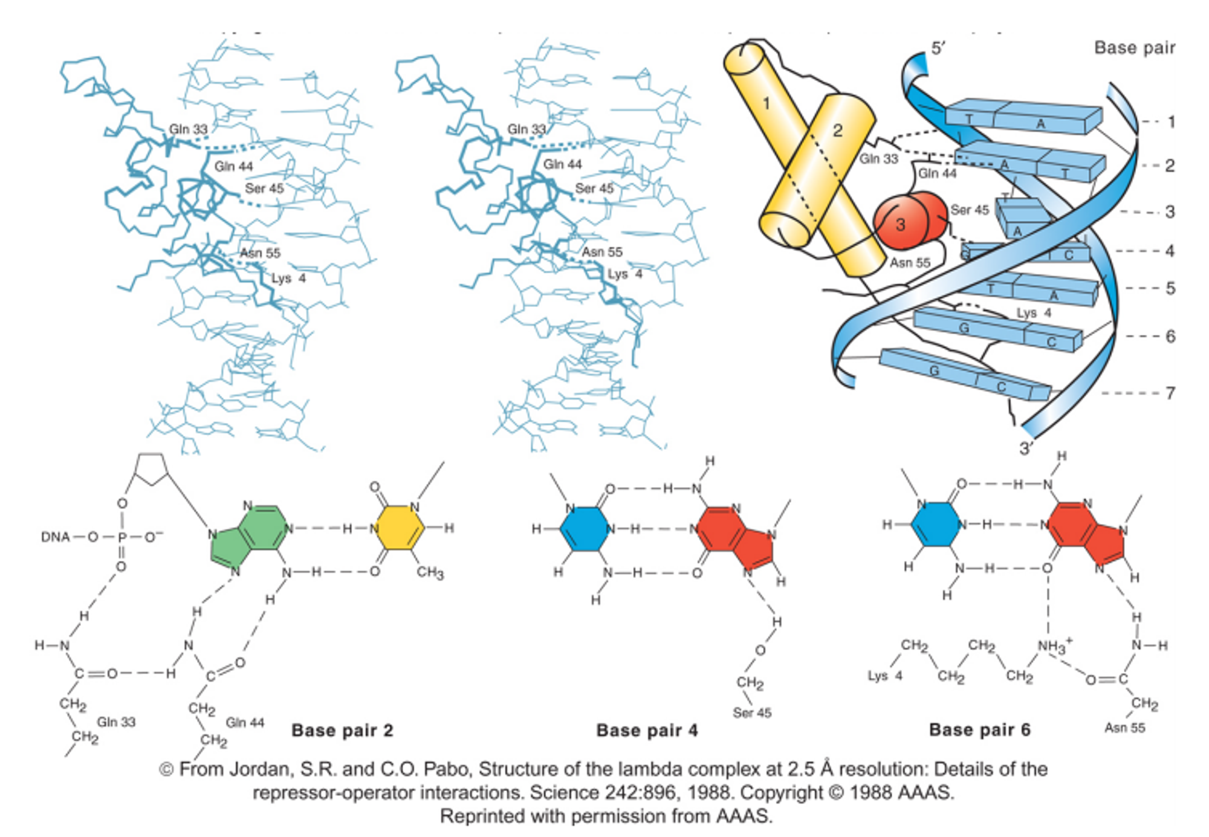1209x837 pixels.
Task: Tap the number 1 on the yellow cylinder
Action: coord(766,103)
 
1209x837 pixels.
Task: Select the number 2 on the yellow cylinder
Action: coord(837,130)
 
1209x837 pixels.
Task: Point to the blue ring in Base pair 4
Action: coord(584,528)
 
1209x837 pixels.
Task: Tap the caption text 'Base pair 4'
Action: coord(647,731)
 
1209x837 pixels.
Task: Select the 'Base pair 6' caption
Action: coord(979,730)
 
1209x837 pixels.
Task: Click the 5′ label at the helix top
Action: coord(938,48)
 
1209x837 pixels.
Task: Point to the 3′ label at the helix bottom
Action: coord(1026,448)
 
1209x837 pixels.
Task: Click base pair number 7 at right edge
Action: coord(1170,393)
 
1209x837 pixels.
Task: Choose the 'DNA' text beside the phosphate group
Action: coord(56,537)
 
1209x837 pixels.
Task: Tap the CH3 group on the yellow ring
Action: coord(430,572)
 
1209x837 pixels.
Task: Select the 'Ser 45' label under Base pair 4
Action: coord(752,713)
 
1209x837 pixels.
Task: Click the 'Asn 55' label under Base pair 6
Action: coord(1124,728)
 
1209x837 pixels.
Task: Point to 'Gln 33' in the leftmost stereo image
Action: coord(188,129)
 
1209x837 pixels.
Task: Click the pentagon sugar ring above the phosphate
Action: coord(150,468)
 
